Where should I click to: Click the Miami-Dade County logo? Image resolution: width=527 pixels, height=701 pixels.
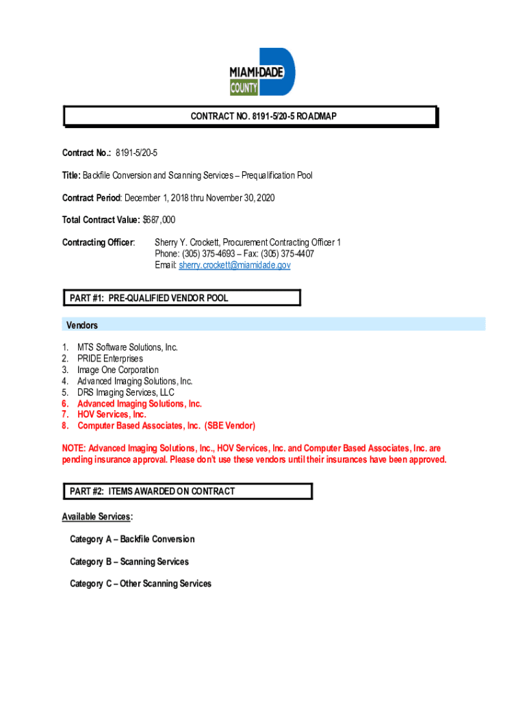point(262,71)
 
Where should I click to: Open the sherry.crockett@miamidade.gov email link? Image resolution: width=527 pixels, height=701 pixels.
point(235,265)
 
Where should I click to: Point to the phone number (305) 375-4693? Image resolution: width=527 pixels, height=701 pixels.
point(205,254)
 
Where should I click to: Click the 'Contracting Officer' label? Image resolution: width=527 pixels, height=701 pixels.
point(99,242)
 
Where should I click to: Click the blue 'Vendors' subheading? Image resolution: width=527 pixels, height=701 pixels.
point(81,325)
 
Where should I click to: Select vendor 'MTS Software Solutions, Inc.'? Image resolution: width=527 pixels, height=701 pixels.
point(127,347)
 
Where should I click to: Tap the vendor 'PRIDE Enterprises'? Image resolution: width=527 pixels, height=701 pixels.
point(110,359)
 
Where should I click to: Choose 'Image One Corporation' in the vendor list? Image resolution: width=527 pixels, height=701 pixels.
point(118,370)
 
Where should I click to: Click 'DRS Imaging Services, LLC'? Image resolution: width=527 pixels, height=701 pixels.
point(126,392)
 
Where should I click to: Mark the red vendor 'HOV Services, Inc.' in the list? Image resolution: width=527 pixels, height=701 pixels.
point(112,414)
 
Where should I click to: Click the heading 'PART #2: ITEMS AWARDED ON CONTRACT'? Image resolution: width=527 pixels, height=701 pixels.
point(152,491)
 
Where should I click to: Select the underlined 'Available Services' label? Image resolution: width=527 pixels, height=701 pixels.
point(97,516)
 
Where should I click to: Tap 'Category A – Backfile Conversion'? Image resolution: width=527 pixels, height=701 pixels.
point(132,539)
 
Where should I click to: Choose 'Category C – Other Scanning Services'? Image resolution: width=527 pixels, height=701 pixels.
point(140,584)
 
